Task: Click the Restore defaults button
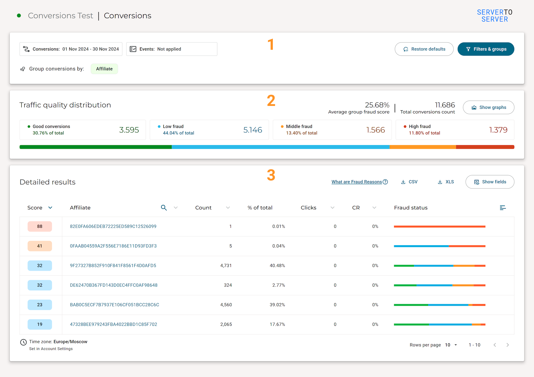424,49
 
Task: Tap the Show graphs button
488,107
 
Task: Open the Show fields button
490,182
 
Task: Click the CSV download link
409,182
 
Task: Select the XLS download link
446,182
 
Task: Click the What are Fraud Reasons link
360,182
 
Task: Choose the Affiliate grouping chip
104,69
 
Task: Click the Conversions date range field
71,49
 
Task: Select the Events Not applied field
172,49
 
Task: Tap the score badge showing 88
40,226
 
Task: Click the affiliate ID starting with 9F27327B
113,266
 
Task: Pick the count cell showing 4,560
226,305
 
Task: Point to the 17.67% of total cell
277,324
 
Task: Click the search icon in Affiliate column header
164,208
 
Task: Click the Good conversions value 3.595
129,130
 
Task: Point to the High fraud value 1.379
498,130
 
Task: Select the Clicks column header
308,208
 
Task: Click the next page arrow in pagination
508,345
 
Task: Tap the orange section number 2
271,100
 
